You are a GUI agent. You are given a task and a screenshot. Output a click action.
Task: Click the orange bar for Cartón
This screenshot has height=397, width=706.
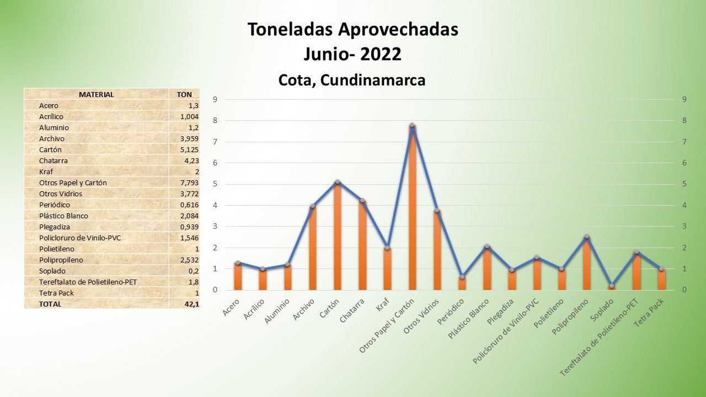338,237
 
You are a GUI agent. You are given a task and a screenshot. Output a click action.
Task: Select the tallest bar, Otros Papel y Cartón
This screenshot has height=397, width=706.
412,210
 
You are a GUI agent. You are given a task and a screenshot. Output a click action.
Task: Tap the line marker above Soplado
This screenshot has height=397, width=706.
612,286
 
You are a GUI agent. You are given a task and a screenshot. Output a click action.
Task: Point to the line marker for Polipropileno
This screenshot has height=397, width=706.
587,237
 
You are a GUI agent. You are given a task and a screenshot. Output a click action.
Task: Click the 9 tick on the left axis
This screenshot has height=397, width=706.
215,99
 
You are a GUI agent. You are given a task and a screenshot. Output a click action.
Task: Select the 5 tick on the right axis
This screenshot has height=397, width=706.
684,184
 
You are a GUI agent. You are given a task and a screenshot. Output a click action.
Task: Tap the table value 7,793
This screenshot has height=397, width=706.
189,183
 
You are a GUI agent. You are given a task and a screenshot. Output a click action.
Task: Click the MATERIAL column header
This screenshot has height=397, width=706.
97,94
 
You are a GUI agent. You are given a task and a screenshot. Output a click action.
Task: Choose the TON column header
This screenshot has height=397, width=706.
184,94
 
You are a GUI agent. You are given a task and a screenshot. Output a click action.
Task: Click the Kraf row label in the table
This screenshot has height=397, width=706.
46,171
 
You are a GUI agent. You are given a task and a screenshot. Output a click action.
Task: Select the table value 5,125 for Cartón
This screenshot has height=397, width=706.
189,149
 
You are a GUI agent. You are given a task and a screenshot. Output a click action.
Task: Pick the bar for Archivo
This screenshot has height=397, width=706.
313,248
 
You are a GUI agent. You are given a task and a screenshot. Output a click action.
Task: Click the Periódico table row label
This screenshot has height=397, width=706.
55,205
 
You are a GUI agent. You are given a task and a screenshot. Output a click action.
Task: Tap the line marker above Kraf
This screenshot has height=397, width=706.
387,248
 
